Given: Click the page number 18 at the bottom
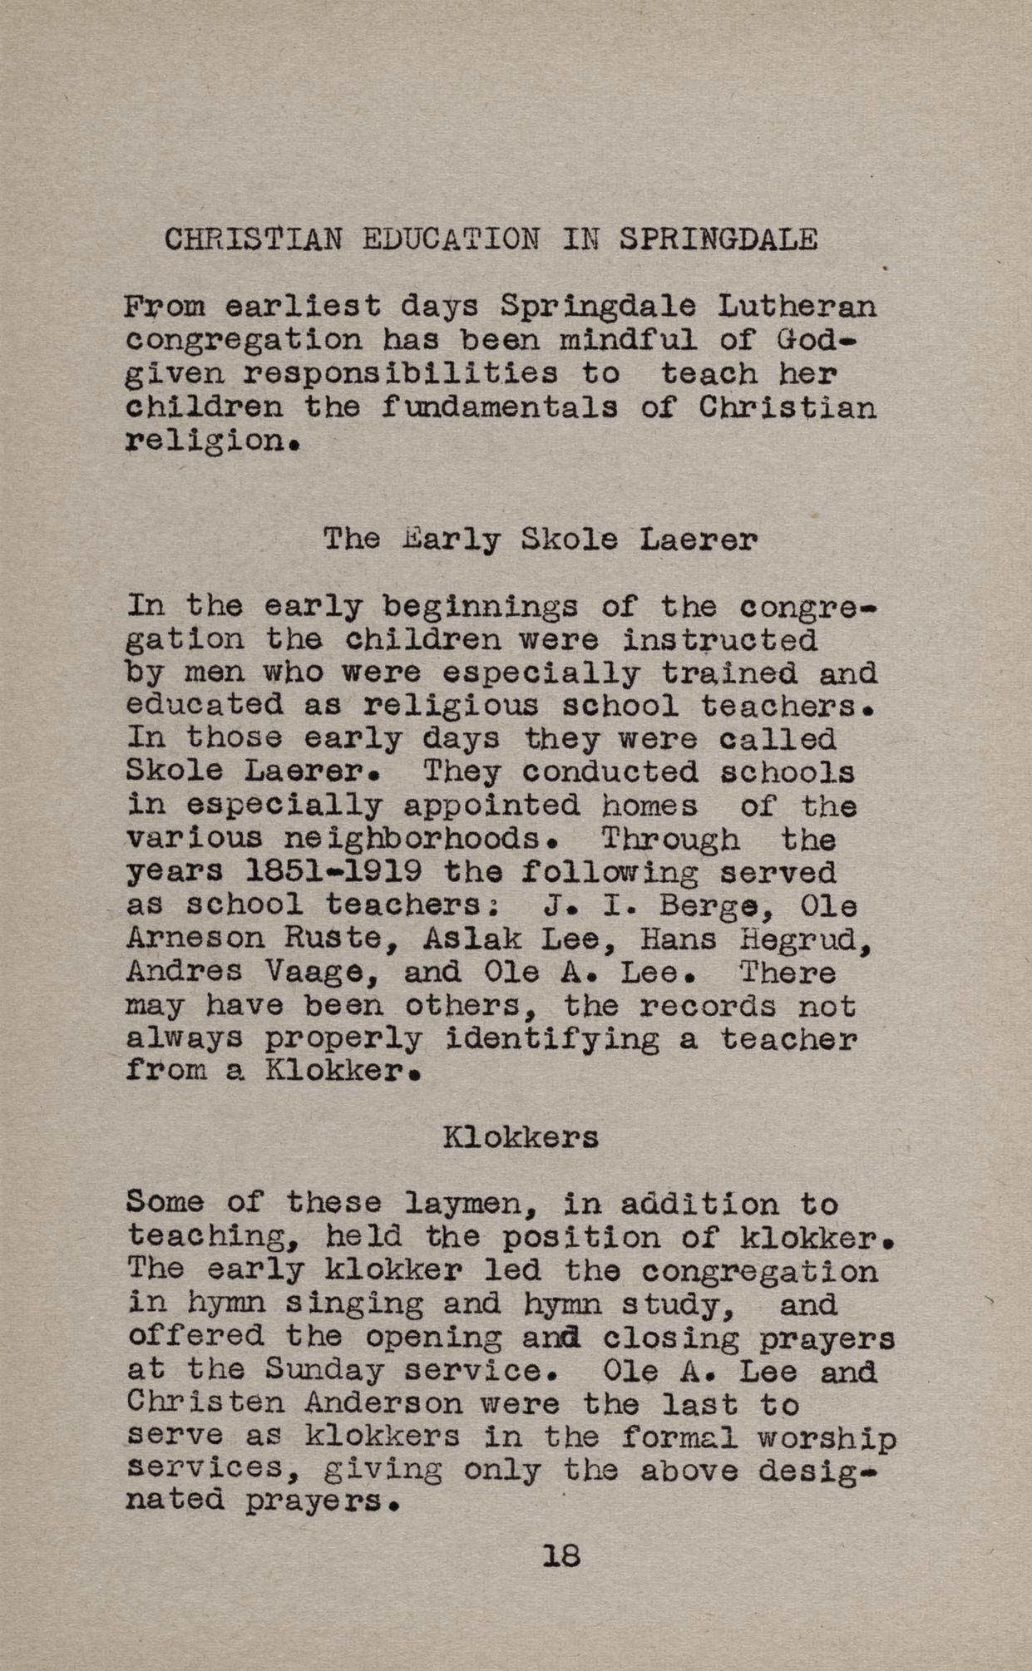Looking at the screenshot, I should [560, 1555].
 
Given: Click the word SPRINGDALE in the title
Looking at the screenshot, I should [718, 240].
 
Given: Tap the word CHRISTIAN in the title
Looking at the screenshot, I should [253, 240].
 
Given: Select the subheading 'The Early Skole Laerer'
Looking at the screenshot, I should [540, 540].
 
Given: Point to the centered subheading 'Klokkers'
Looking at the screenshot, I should [521, 1136].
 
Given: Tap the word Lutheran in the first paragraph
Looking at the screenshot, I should [797, 308].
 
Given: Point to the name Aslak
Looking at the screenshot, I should [472, 939].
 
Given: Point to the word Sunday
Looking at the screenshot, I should [324, 1372].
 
